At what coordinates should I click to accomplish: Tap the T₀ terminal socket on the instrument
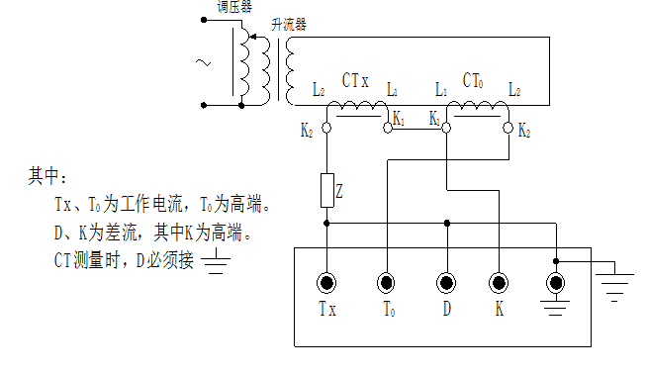coord(387,284)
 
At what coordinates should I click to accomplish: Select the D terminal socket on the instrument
coord(446,284)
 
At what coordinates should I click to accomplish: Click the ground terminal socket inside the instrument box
coord(556,284)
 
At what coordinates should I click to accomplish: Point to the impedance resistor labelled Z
coord(327,191)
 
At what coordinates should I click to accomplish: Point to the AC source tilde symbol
coord(203,64)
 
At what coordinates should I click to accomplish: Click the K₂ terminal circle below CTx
coord(327,127)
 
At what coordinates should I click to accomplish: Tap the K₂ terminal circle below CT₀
coord(508,127)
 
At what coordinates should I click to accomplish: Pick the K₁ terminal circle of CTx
coord(388,127)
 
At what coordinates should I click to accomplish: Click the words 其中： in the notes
coord(47,176)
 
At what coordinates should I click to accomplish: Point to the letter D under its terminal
coord(447,310)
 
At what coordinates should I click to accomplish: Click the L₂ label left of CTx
coord(319,90)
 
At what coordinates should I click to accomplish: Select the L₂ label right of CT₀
coord(514,90)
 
